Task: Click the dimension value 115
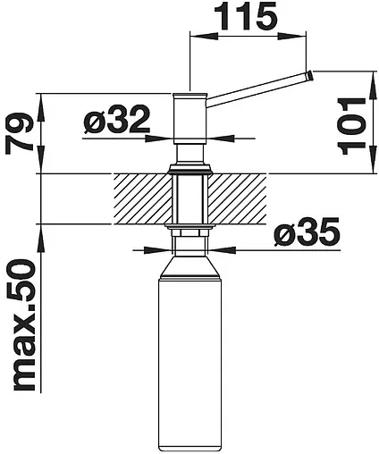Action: click(245, 17)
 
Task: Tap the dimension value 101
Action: click(351, 126)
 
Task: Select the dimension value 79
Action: click(19, 134)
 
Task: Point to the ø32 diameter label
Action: click(117, 120)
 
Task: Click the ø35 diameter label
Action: click(307, 231)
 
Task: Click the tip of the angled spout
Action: click(309, 75)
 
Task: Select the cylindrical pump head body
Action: click(189, 119)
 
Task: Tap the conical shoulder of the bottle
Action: click(189, 266)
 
